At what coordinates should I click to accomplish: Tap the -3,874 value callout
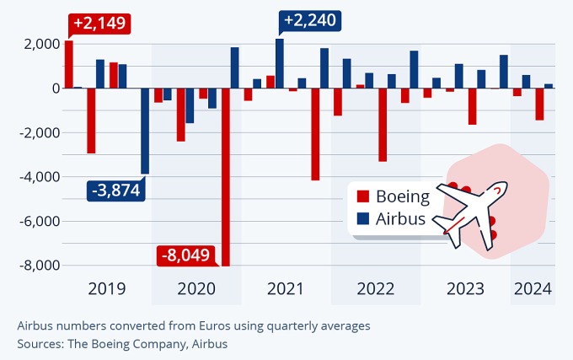click(x=115, y=191)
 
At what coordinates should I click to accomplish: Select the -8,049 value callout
click(x=187, y=255)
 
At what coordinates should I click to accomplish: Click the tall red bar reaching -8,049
click(x=225, y=177)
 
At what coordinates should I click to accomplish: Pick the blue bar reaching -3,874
click(x=145, y=131)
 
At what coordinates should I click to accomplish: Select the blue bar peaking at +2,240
click(x=279, y=63)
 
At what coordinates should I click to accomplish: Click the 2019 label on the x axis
click(x=107, y=289)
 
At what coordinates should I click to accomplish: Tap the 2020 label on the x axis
click(x=196, y=289)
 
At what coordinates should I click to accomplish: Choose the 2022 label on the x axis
click(x=375, y=289)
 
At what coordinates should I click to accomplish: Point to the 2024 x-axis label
click(x=533, y=289)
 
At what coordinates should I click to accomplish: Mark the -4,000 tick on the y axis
click(x=36, y=177)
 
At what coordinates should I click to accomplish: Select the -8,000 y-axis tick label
click(x=36, y=266)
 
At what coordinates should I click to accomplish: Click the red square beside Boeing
click(x=364, y=197)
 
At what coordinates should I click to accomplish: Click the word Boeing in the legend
click(x=403, y=197)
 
